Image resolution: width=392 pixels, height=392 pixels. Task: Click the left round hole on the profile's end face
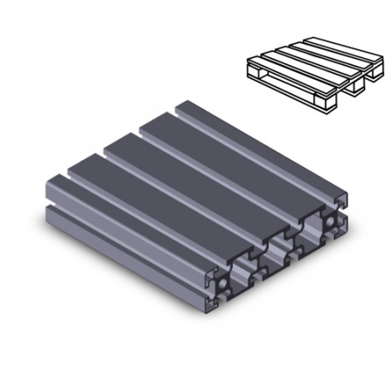pos(222,281)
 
